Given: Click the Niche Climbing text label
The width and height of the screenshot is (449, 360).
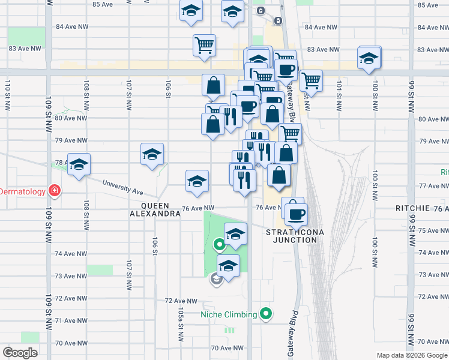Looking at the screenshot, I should click(229, 314).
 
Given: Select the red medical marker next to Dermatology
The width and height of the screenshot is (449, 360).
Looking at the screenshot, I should click(55, 191).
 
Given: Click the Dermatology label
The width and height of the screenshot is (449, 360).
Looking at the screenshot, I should click(23, 191).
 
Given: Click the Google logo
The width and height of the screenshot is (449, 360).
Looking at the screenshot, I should click(20, 352).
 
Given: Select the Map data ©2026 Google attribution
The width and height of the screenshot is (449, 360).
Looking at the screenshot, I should click(411, 355).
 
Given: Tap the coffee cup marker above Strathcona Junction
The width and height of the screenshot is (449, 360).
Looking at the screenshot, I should click(295, 213).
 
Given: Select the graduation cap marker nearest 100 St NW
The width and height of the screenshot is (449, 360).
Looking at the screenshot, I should click(369, 58).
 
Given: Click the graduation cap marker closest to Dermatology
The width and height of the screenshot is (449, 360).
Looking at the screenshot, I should click(79, 165).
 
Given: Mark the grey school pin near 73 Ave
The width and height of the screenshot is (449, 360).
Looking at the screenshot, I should click(215, 279).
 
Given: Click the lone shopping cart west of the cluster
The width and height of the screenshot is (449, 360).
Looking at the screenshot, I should click(204, 44).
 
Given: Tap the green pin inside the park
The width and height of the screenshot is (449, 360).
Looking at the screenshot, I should click(220, 244).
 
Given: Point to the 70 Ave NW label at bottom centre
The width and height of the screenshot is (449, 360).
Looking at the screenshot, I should click(226, 348).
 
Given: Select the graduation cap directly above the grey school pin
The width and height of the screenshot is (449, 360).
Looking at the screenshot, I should click(228, 265).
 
